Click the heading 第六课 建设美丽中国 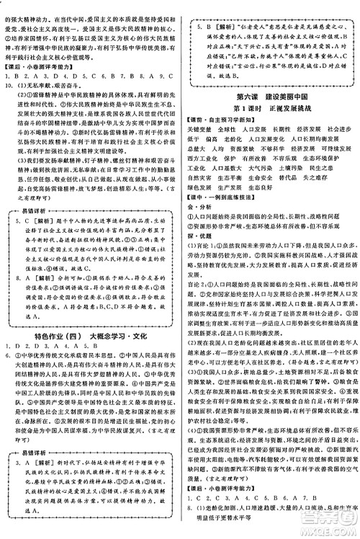point(269,98)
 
